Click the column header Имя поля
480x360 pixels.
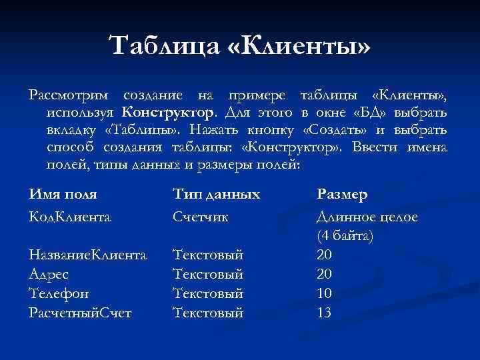[63, 195]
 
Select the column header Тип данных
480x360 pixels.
[216, 195]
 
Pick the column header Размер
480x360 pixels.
[342, 195]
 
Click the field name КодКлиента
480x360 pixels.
[69, 217]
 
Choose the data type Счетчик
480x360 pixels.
[201, 217]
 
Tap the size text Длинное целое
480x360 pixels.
[367, 217]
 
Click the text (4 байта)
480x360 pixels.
[345, 235]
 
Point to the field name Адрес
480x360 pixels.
[49, 273]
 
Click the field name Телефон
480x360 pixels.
[59, 293]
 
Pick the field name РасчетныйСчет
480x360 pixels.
[80, 312]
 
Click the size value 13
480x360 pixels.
[325, 312]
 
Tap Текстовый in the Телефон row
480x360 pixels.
[208, 293]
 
